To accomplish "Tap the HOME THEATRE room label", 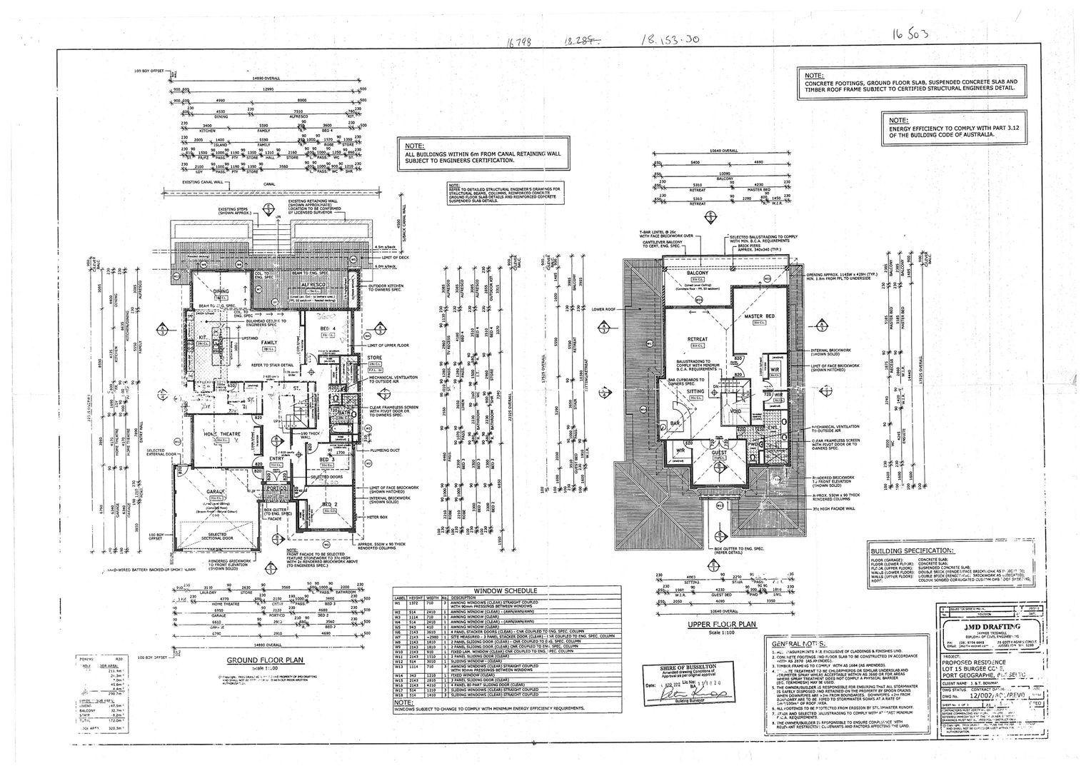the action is [x=213, y=434].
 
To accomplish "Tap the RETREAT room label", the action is [x=697, y=339].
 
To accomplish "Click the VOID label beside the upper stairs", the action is [x=736, y=412].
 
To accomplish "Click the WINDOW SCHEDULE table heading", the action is [x=506, y=591].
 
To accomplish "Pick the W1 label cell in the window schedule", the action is [x=400, y=604].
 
